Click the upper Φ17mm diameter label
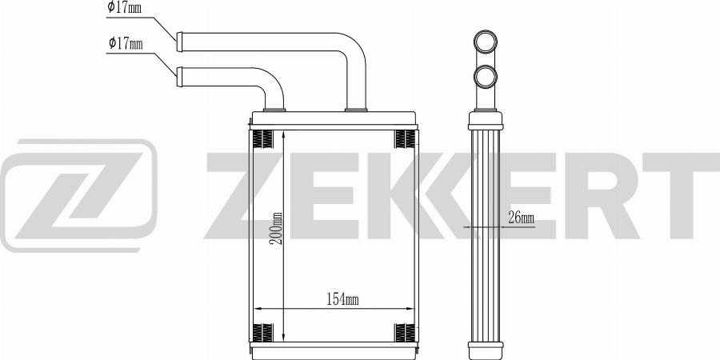click(x=124, y=7)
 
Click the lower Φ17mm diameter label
click(x=126, y=44)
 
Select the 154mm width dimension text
click(x=342, y=300)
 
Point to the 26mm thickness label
click(x=521, y=218)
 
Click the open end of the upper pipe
click(x=179, y=42)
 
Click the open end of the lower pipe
click(x=179, y=77)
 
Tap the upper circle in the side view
click(x=486, y=42)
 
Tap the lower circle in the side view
click(x=486, y=77)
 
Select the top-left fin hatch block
click(x=263, y=139)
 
